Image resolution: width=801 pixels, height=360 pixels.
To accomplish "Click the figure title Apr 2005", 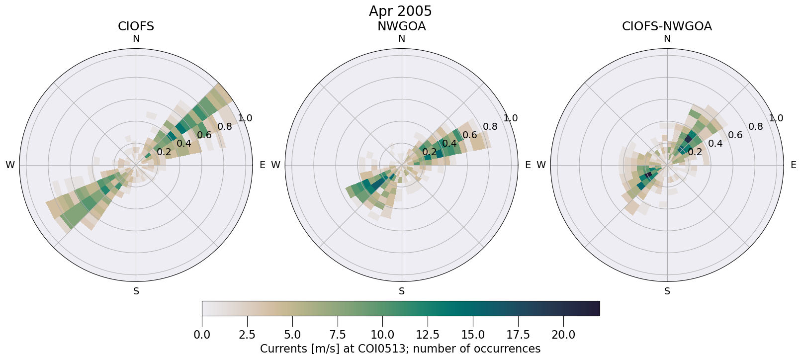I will (x=400, y=11).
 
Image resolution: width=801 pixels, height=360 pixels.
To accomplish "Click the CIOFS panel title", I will (x=136, y=26).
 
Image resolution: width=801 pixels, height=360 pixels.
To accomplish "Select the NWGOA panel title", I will (x=401, y=26).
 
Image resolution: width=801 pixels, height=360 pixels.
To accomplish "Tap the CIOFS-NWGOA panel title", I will (x=667, y=26).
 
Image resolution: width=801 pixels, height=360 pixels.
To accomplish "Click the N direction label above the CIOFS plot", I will (x=136, y=39).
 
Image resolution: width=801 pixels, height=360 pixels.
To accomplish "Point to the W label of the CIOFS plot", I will (x=10, y=165).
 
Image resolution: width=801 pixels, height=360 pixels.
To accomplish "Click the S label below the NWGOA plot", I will (x=402, y=291).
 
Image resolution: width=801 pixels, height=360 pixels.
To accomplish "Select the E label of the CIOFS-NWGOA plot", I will (x=794, y=165).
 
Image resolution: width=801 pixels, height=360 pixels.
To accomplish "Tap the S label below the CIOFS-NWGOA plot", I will (x=667, y=291).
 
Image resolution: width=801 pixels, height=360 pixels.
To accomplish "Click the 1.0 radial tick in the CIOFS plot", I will (x=245, y=118).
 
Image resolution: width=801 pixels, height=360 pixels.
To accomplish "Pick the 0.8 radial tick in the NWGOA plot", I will (x=490, y=126).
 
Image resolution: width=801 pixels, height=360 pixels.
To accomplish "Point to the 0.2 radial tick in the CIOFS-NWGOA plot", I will (x=695, y=152).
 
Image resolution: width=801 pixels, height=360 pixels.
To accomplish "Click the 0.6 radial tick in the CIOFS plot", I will (x=204, y=135).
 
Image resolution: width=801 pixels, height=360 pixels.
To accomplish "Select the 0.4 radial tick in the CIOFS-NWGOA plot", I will (x=715, y=143).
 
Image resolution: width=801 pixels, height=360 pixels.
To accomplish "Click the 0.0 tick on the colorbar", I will (x=202, y=335).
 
